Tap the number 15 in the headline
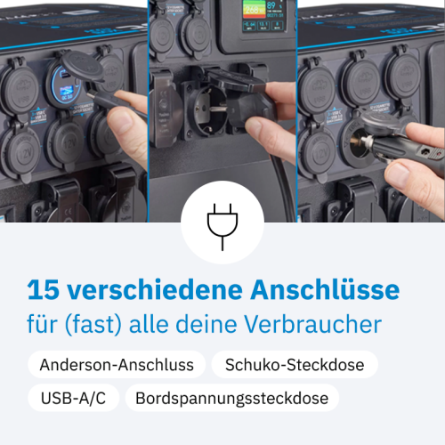coord(44,290)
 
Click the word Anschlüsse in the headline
coord(325,289)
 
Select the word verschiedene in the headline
coord(155,289)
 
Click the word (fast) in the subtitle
coord(93,325)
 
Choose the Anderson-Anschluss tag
coord(117,365)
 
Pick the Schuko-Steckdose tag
coord(295,365)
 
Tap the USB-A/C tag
coord(73,398)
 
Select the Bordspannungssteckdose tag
coord(232,398)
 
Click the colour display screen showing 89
coord(263,15)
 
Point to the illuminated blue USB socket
coord(65,86)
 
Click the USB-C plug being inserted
coord(105,100)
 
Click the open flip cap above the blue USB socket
coord(81,66)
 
